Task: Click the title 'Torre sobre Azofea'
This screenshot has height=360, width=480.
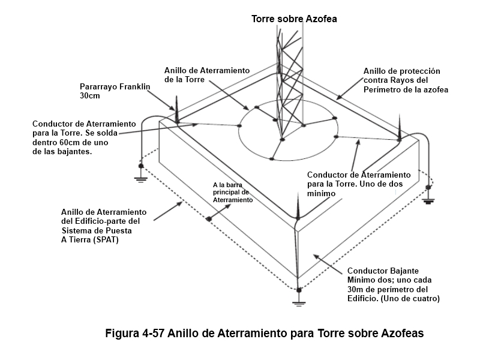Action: tap(294, 19)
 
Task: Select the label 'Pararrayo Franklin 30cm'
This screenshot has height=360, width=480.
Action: tap(114, 91)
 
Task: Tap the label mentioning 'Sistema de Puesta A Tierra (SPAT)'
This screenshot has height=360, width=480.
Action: tap(103, 226)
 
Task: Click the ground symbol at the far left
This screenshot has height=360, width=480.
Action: tap(140, 175)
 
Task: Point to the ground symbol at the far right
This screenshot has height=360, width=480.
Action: tap(428, 199)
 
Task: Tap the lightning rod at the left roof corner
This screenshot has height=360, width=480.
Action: tap(176, 108)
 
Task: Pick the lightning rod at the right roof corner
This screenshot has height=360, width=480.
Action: tap(399, 127)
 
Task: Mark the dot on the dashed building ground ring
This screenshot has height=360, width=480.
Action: tap(208, 218)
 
